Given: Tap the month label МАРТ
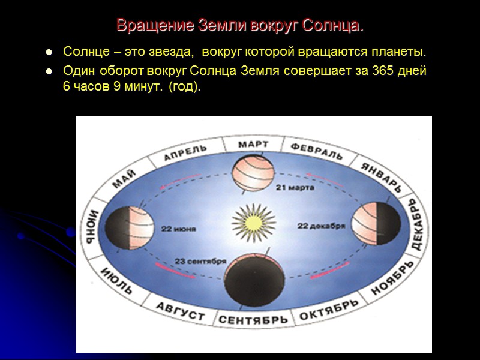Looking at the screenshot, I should (253, 144).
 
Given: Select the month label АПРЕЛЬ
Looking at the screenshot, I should (186, 154).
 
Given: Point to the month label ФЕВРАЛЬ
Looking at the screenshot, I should (317, 151).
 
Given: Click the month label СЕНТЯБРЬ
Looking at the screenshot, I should (253, 320).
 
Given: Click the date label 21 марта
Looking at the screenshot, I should (295, 187).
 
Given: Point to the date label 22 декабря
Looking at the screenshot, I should (322, 226).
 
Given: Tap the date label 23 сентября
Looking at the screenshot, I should (200, 261).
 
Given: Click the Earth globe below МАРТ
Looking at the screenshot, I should (253, 173).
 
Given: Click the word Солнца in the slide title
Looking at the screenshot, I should (332, 26).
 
